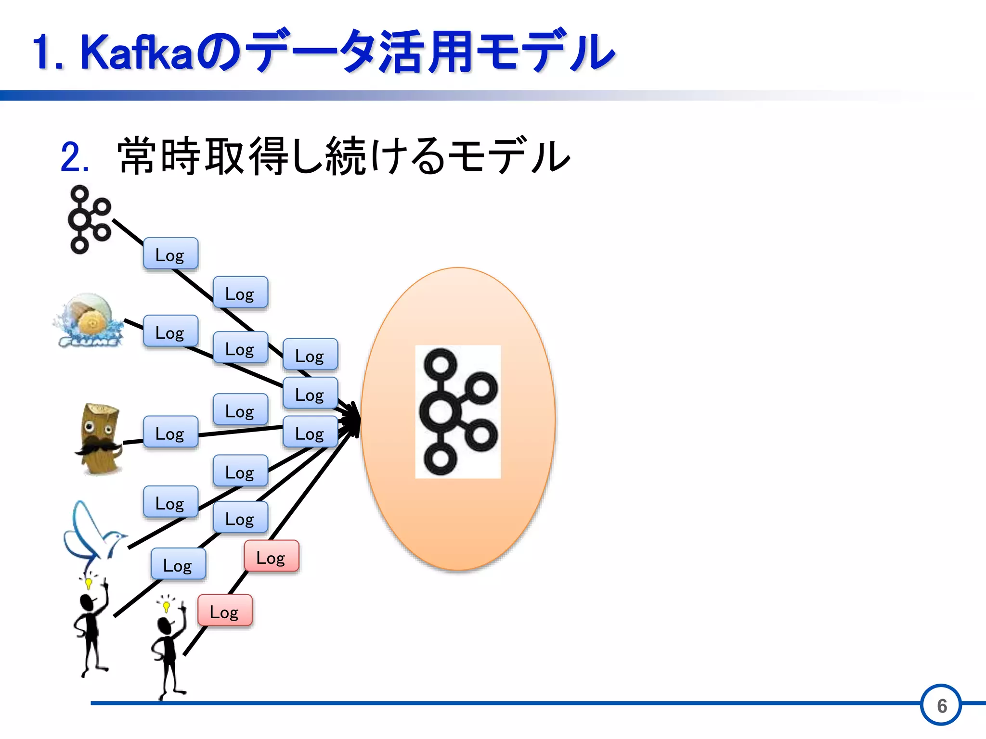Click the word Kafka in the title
[x=137, y=52]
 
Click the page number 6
[x=942, y=706]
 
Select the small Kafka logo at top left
[x=89, y=219]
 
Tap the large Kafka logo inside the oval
[x=458, y=412]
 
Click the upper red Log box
[x=272, y=557]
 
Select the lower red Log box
[x=225, y=611]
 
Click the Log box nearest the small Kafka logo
[x=170, y=254]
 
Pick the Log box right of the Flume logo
[x=170, y=331]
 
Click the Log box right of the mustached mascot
[x=170, y=433]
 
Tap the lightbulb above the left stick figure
[x=89, y=584]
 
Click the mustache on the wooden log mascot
[x=98, y=447]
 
